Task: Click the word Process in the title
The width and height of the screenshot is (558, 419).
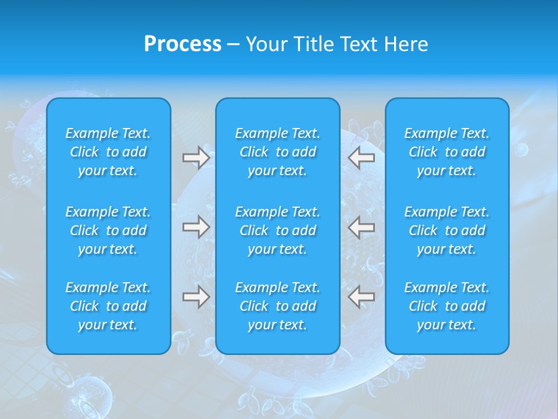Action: [183, 44]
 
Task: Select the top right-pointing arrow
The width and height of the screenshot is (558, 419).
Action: [196, 157]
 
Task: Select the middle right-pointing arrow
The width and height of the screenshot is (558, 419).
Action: [196, 227]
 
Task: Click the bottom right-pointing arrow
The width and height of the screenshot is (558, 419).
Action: [196, 297]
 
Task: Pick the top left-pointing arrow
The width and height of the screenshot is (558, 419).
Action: [362, 157]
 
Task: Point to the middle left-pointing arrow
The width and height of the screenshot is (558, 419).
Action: [362, 227]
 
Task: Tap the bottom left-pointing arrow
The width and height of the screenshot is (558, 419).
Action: [362, 297]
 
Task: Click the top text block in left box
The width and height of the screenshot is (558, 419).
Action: [108, 152]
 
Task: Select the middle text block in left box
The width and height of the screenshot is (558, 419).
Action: [108, 230]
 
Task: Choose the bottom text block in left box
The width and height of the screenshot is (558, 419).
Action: [108, 306]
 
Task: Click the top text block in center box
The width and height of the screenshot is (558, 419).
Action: [278, 152]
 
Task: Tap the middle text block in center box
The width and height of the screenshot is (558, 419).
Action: [278, 230]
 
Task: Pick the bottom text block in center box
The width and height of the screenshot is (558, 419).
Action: [278, 306]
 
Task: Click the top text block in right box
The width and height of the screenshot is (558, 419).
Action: [447, 152]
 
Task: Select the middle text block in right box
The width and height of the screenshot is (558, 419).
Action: [447, 230]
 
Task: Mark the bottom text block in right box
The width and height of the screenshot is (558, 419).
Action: [447, 306]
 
